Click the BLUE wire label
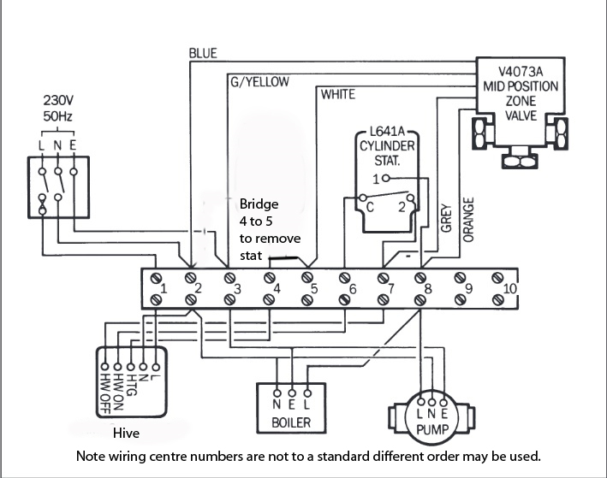pyautogui.click(x=203, y=53)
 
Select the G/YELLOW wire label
pyautogui.click(x=259, y=82)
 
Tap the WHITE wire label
pyautogui.click(x=337, y=94)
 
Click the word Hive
pyautogui.click(x=126, y=433)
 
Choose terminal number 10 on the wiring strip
pyautogui.click(x=510, y=289)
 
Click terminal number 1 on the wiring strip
pyautogui.click(x=164, y=289)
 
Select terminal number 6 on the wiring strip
pyautogui.click(x=353, y=289)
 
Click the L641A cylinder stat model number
pyautogui.click(x=385, y=134)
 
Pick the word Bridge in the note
pyautogui.click(x=259, y=205)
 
